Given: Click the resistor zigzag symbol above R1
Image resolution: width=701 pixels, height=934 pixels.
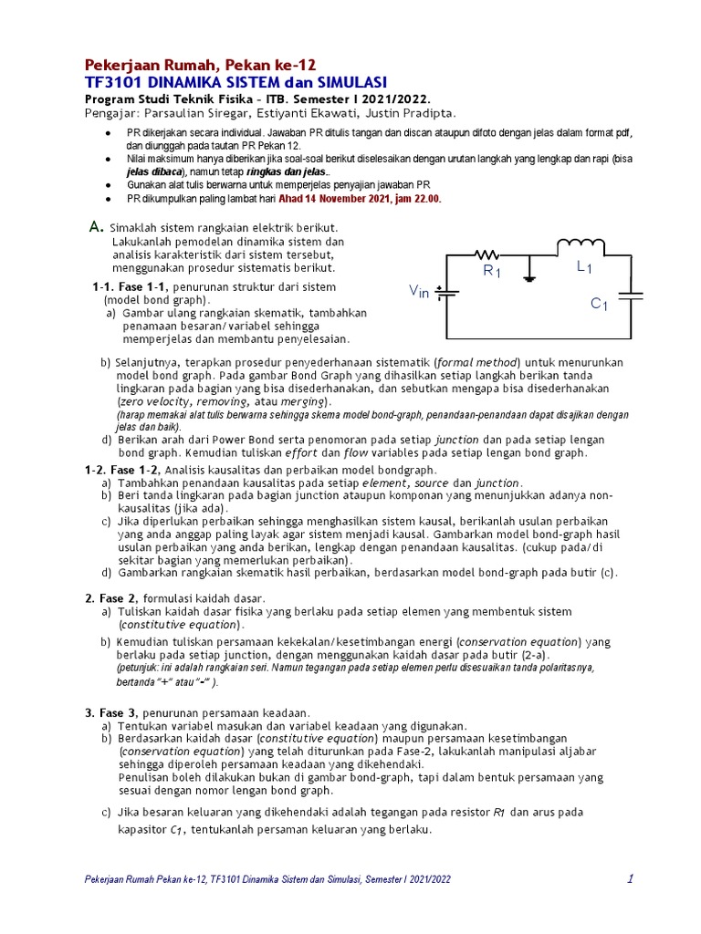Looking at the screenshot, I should click(x=487, y=254).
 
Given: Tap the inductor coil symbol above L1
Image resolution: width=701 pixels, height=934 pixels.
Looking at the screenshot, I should click(x=580, y=244).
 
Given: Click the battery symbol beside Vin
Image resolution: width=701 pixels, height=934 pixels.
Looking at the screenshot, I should click(x=445, y=293).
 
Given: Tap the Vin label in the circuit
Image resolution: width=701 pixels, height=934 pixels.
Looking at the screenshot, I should click(x=419, y=292).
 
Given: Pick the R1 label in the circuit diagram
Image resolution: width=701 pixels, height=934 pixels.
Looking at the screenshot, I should click(x=492, y=271).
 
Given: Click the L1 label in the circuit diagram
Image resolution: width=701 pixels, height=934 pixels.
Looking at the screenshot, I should click(x=584, y=267).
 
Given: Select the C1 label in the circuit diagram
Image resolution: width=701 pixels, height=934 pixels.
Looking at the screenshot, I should click(x=599, y=304).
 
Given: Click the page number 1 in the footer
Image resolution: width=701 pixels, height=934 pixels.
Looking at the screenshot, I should click(x=630, y=878).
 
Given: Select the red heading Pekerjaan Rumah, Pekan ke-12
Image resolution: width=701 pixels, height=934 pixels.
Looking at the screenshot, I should click(x=200, y=65).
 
